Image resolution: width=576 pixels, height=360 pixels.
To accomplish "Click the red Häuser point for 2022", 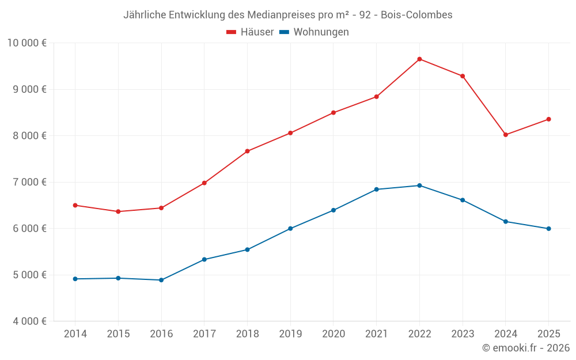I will [419, 59].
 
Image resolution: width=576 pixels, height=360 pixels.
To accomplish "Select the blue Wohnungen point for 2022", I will [419, 185].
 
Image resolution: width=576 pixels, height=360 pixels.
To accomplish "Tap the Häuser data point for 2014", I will [75, 205].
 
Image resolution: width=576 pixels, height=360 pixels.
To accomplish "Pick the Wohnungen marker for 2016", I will [161, 280].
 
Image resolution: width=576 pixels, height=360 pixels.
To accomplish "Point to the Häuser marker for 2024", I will [506, 135].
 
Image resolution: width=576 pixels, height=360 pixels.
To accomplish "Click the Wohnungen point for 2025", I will [548, 229].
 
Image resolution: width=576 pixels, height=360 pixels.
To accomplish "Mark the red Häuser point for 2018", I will [247, 151].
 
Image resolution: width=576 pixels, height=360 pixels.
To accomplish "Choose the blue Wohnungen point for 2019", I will [290, 229].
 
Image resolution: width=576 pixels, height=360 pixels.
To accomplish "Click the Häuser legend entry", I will [250, 32].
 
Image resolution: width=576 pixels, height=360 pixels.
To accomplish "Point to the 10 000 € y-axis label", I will [27, 43].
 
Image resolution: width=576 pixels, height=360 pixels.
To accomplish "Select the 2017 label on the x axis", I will [204, 334].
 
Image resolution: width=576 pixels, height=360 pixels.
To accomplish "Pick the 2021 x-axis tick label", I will [376, 334].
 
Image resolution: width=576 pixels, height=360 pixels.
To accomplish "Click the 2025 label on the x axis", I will [548, 334].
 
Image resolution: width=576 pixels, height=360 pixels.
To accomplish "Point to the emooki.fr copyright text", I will [525, 348].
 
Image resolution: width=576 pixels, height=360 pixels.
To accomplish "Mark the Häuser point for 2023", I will [463, 76].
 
